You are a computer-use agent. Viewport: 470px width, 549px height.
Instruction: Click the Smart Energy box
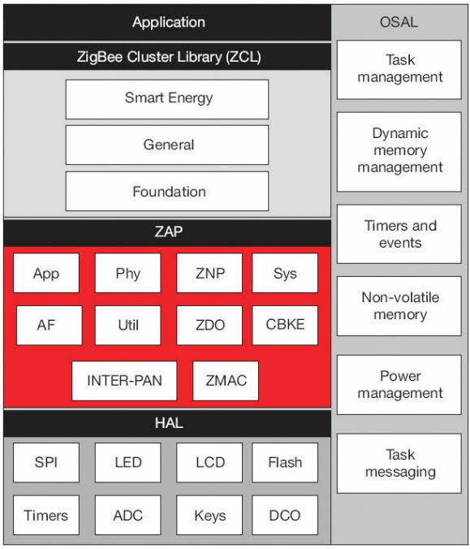[167, 99]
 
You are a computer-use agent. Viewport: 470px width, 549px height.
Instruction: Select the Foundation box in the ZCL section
[167, 191]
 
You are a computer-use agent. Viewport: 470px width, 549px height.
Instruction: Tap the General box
[167, 145]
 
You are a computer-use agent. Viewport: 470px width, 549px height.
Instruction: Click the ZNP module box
[209, 273]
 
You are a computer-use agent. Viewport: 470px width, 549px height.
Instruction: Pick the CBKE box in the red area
[285, 326]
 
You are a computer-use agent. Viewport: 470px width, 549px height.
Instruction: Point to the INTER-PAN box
[124, 381]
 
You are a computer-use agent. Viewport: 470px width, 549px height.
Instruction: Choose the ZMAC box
[226, 381]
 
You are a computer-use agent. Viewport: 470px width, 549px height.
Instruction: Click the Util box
[127, 326]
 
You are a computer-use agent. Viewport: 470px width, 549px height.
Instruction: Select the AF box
[50, 326]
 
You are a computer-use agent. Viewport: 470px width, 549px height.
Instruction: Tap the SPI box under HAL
[46, 463]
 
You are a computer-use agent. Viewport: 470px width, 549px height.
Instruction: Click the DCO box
[285, 515]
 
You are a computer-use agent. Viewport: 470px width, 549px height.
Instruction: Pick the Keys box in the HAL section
[209, 515]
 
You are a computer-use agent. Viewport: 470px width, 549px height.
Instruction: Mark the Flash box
[285, 463]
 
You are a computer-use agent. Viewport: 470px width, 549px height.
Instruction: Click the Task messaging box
[399, 463]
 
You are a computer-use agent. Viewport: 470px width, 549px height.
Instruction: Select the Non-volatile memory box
[399, 306]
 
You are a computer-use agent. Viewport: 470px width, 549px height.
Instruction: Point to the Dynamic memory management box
[399, 152]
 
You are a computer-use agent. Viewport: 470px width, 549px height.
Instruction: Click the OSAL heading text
[399, 22]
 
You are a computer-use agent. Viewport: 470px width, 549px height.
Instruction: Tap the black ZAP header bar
[167, 232]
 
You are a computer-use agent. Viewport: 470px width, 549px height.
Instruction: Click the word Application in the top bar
[169, 22]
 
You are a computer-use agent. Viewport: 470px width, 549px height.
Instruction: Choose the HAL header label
[169, 423]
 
